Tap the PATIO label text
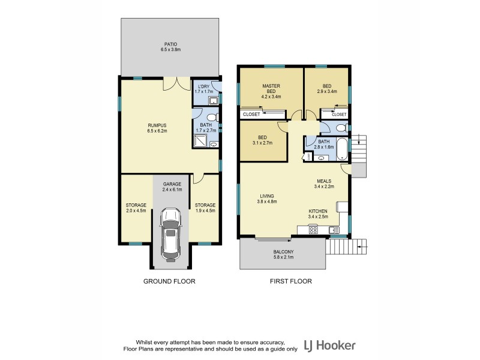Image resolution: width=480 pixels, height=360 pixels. click(x=170, y=44)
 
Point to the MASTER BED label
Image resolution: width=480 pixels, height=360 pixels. click(x=271, y=88)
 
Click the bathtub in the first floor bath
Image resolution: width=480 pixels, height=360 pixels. click(x=342, y=147)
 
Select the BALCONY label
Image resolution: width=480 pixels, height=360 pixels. click(x=283, y=253)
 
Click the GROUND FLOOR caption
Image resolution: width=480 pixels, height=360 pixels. click(x=169, y=281)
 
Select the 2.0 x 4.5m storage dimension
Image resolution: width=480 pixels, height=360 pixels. click(x=136, y=211)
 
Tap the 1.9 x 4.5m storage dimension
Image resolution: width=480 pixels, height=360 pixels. click(x=205, y=211)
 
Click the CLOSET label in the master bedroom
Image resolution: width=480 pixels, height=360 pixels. click(x=251, y=114)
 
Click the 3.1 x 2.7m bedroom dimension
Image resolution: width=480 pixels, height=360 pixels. click(x=262, y=144)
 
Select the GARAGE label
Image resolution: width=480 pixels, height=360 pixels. click(x=172, y=184)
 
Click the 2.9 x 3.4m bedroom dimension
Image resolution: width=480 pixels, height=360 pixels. click(x=328, y=92)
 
